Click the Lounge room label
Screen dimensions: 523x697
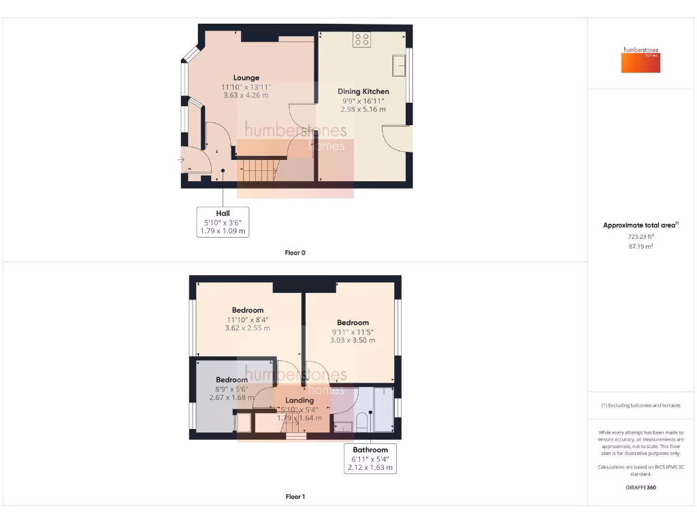coord(246,78)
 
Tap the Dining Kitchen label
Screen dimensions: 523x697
coord(363,91)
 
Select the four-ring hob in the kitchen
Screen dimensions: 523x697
coord(361,39)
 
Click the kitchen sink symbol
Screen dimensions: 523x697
coord(398,66)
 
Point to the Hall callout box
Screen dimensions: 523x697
coord(223,222)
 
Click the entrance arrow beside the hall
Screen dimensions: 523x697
coord(181,160)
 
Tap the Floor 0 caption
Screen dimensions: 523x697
coord(295,253)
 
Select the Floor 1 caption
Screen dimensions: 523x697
coord(295,496)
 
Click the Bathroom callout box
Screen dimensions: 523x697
coord(370,458)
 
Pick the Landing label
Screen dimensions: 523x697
coord(299,400)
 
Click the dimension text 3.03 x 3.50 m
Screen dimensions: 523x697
coord(353,340)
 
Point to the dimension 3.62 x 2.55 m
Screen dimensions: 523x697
coord(247,328)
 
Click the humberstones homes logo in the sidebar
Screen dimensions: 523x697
coord(641,60)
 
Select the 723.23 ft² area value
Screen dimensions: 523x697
coord(640,236)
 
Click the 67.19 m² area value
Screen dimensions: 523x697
coord(640,246)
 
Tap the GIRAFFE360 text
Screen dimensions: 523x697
coord(640,488)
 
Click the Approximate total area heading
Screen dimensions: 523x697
coord(640,225)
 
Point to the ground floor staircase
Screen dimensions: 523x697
coord(257,170)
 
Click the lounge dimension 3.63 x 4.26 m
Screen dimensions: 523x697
coord(246,95)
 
